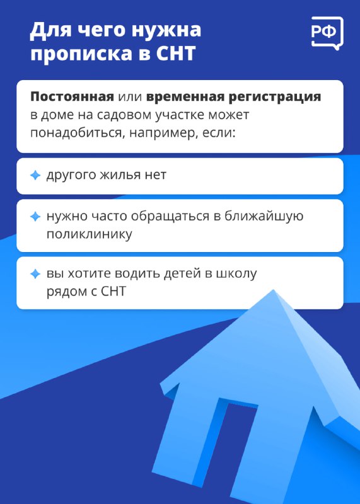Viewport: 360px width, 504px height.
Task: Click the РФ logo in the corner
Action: click(x=327, y=33)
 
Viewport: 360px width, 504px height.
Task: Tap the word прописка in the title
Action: click(x=81, y=54)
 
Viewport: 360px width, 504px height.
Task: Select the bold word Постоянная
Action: click(x=72, y=96)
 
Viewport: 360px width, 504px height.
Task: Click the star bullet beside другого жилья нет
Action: click(x=35, y=176)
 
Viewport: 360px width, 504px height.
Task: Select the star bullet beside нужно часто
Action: click(x=35, y=217)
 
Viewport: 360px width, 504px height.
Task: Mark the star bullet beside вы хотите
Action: click(x=35, y=274)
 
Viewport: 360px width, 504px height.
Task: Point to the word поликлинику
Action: click(x=89, y=234)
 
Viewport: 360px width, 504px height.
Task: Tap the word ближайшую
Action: click(x=264, y=216)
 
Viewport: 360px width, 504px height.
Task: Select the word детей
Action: click(x=183, y=273)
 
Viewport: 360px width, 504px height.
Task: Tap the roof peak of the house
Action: click(x=274, y=291)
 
